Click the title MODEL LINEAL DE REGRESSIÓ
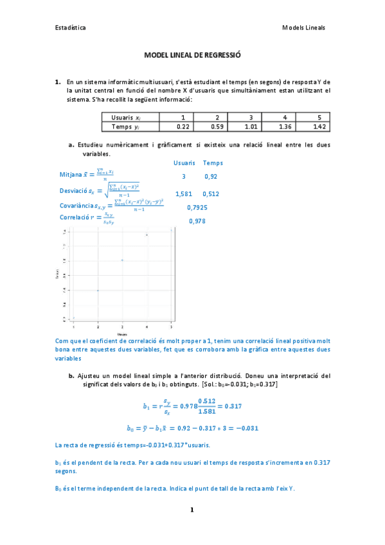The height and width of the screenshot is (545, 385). pos(192,56)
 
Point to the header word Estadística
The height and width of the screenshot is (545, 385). pos(71,28)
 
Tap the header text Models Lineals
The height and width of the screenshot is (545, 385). pos(304,28)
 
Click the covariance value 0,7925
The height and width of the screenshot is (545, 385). pos(197,208)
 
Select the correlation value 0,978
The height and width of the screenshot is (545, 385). pos(197,221)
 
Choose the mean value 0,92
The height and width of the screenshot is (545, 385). pos(211,176)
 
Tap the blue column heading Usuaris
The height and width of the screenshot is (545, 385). pos(184,163)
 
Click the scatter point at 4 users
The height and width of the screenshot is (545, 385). pos(147,235)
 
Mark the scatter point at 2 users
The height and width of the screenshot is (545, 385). pos(98,290)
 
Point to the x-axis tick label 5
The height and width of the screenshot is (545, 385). pos(170,326)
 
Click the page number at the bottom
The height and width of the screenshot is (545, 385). pos(192,510)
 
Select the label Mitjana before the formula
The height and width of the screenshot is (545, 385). pos(71,174)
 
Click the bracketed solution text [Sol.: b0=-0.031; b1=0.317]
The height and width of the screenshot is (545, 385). pos(239,384)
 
